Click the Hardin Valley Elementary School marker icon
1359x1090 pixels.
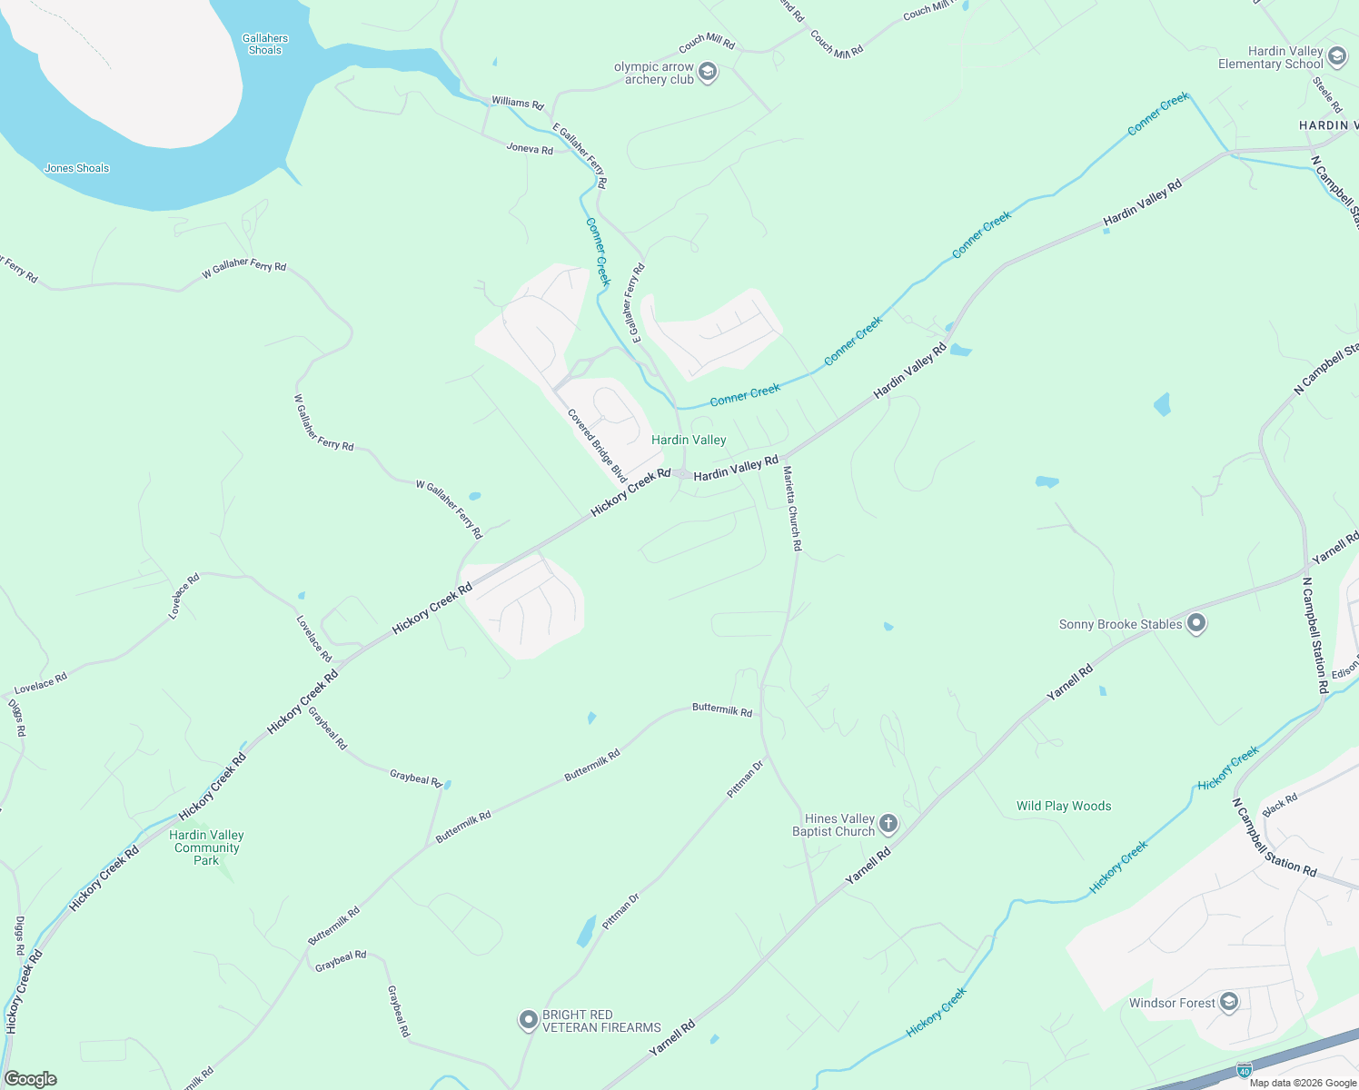(x=1336, y=57)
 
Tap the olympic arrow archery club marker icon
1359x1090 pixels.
(x=708, y=73)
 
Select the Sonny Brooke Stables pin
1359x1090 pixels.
(x=1196, y=624)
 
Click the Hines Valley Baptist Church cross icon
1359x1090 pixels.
(x=888, y=825)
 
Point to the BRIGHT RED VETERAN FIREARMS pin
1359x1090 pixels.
(x=529, y=1020)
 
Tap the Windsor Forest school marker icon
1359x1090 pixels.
(x=1229, y=1003)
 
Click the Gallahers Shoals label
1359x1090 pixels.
(x=265, y=45)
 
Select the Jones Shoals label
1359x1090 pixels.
(x=77, y=168)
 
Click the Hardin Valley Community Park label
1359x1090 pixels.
(x=207, y=847)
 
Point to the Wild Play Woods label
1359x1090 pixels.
(x=1064, y=806)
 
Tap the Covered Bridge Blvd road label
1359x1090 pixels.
(x=597, y=446)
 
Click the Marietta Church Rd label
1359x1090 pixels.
(x=792, y=509)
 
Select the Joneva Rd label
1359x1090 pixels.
(x=530, y=149)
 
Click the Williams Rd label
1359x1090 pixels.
(x=517, y=103)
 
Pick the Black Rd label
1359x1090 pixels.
(x=1280, y=805)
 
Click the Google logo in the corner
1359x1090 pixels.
(x=30, y=1079)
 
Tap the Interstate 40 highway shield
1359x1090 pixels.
(x=1244, y=1070)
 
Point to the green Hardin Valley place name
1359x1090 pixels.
(x=689, y=441)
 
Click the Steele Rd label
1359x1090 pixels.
(x=1327, y=94)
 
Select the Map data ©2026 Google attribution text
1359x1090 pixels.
(x=1303, y=1083)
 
